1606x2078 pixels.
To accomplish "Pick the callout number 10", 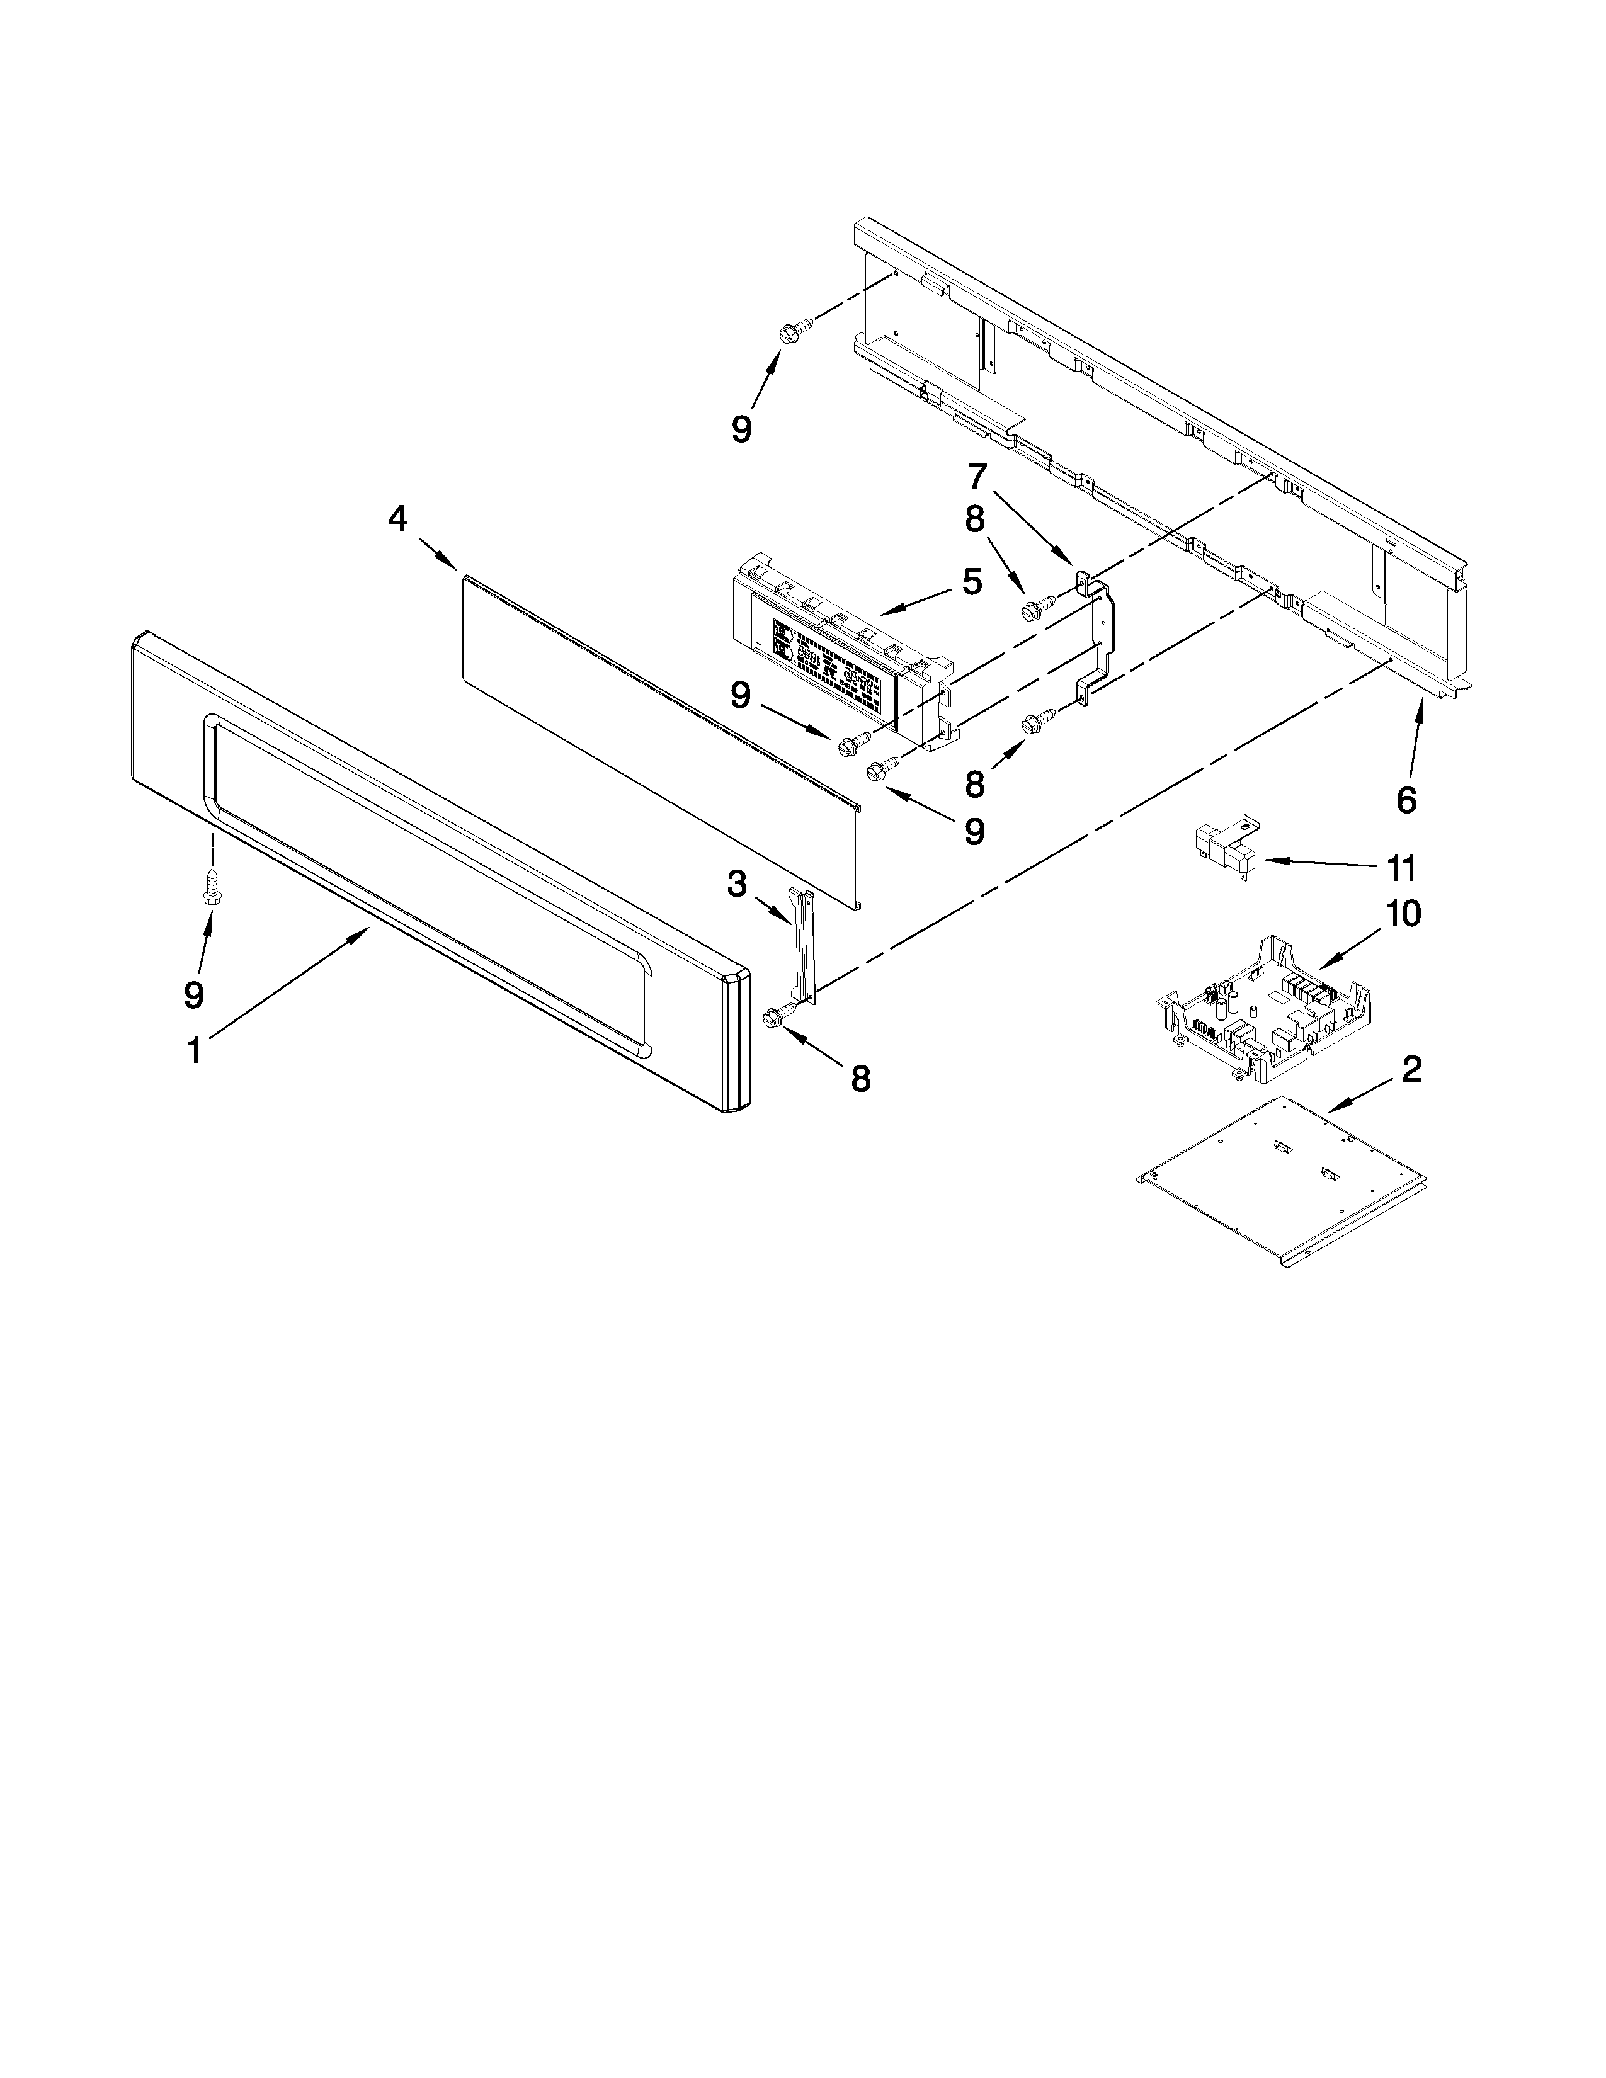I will [x=1403, y=914].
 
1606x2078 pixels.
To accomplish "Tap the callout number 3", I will [x=738, y=884].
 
